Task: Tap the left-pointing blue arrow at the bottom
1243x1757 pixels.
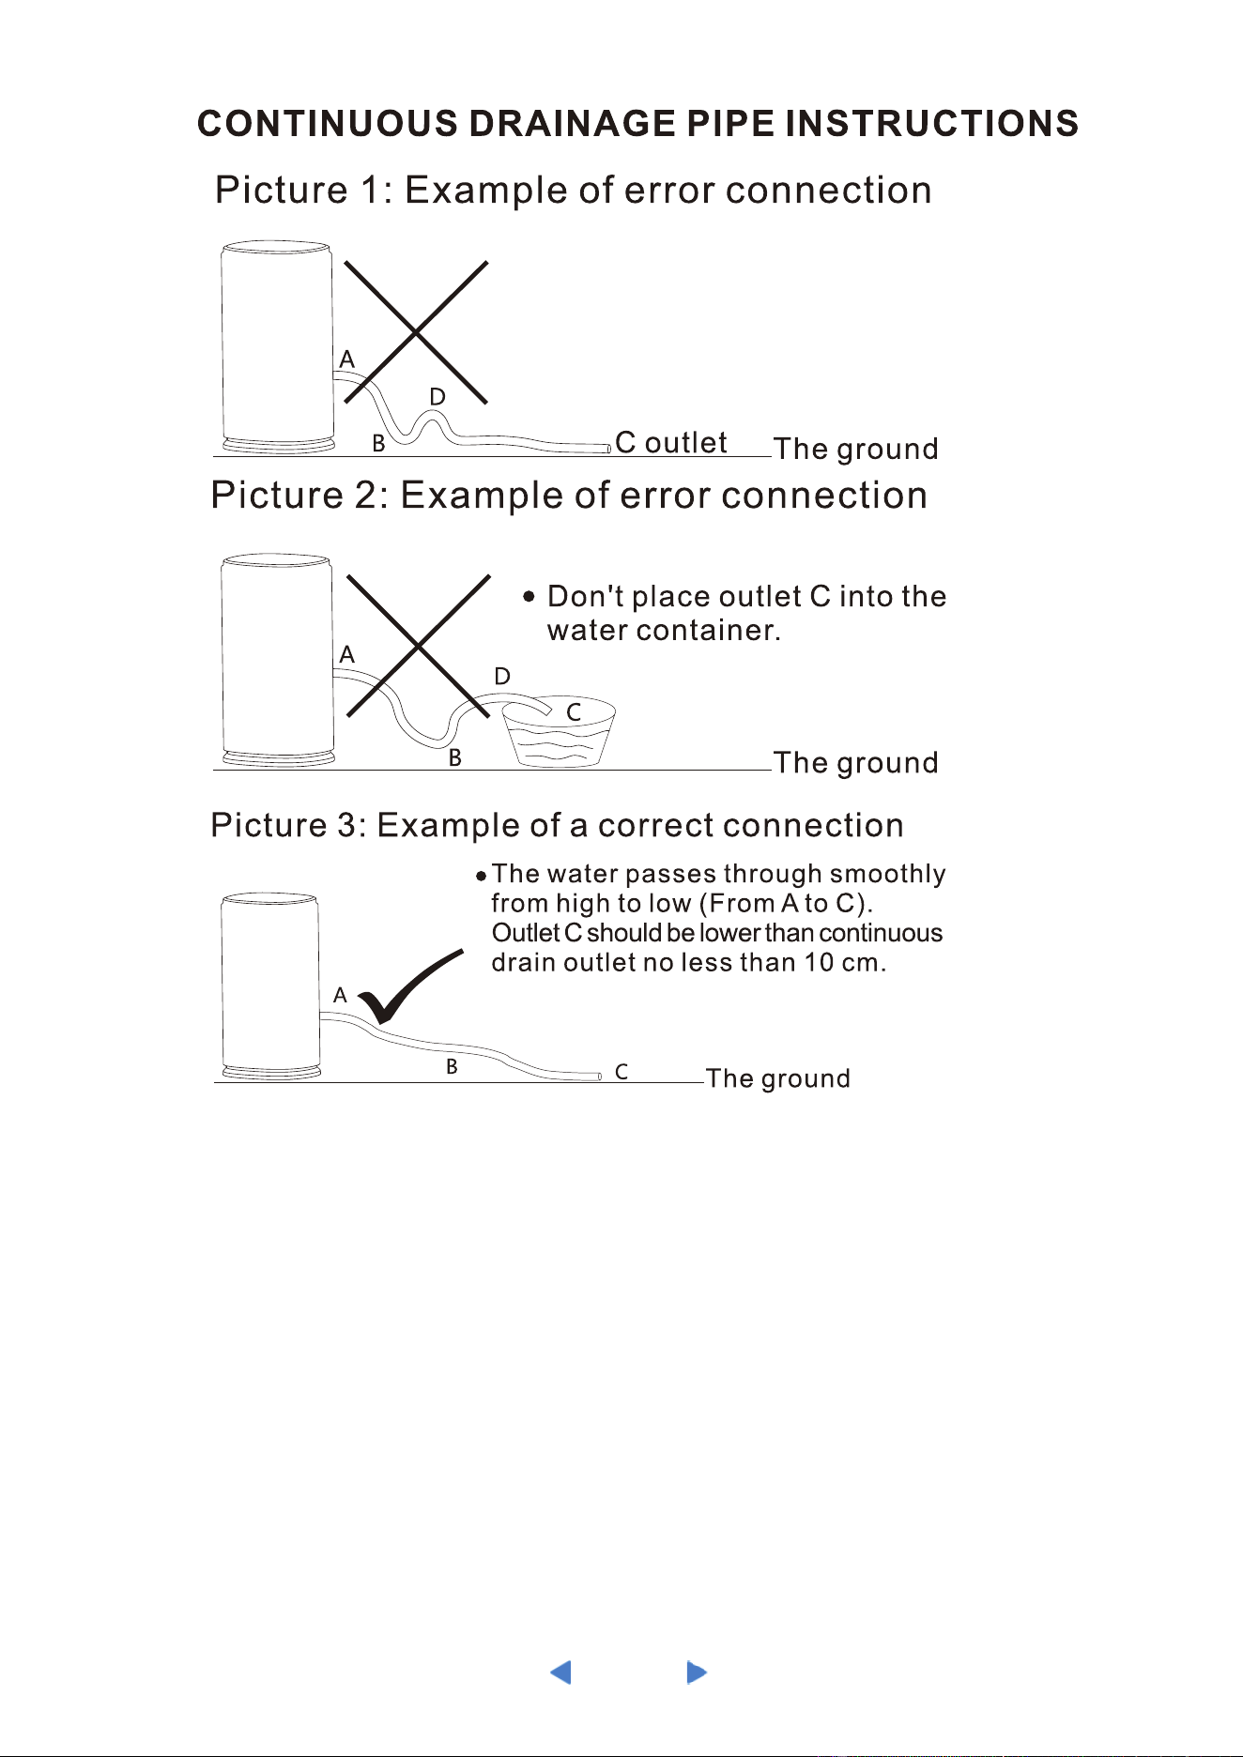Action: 560,1673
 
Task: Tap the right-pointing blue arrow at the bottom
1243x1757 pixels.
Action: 697,1673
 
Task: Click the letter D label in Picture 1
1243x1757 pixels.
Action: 437,397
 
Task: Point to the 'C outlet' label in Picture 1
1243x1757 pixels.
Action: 671,442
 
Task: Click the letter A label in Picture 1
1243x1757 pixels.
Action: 347,359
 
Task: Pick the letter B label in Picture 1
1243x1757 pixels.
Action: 378,443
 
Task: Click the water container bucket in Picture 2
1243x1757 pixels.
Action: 559,732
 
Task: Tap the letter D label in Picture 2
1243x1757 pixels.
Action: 502,677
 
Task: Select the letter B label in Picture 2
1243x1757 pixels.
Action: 454,757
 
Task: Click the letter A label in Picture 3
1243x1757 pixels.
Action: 340,995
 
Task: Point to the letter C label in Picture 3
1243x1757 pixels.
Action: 621,1071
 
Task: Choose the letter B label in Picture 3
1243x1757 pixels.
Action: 452,1066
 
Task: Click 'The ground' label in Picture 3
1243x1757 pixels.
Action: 778,1078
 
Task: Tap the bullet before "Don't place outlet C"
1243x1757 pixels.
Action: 529,596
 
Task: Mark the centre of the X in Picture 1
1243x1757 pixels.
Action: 416,332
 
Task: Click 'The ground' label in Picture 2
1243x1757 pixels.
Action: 856,762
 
